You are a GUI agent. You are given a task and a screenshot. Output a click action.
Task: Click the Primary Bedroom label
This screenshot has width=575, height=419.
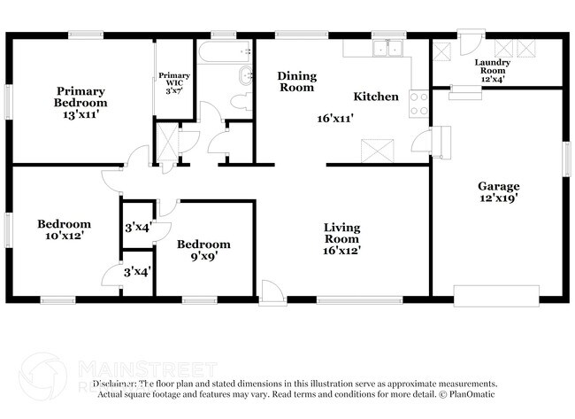pos(81,97)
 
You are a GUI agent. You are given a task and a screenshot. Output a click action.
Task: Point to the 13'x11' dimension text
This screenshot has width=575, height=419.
pos(81,115)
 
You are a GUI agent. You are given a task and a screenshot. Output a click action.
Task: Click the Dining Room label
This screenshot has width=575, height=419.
pos(296,81)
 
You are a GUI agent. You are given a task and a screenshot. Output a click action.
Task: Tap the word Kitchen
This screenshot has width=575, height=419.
pos(376,97)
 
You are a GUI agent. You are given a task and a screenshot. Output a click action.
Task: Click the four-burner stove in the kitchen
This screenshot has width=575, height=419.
pos(418,104)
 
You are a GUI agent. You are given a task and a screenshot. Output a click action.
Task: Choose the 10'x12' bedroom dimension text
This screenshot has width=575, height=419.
pos(63,237)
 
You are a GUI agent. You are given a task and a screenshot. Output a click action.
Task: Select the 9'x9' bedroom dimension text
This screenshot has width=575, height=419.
pos(203,257)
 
